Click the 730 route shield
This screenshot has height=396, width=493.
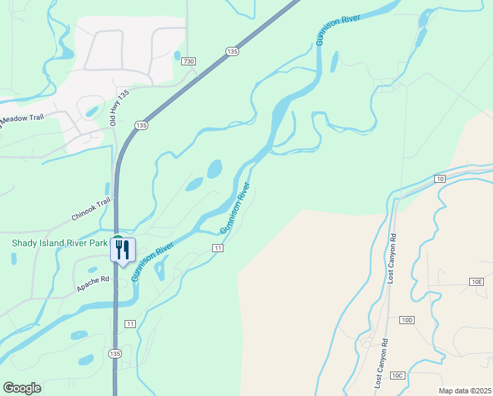[x=189, y=61]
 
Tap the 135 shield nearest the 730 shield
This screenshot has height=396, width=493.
[x=231, y=51]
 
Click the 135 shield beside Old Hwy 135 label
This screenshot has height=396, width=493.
[x=141, y=125]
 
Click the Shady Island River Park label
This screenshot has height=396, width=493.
[x=59, y=243]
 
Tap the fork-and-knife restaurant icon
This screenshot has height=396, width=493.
[x=123, y=249]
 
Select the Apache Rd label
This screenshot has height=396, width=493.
[x=92, y=284]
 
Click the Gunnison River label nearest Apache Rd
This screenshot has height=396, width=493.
[x=152, y=261]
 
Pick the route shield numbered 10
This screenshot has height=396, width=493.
[x=440, y=179]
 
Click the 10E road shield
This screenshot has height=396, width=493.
[x=477, y=282]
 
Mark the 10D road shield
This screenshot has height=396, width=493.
[x=407, y=320]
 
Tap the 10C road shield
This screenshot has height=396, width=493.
[x=397, y=375]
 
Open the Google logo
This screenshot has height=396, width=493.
[x=22, y=387]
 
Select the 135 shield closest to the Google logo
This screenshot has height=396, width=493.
[x=115, y=354]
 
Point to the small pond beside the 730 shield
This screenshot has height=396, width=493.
[x=177, y=56]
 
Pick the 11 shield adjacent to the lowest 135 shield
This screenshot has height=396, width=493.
[x=130, y=324]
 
